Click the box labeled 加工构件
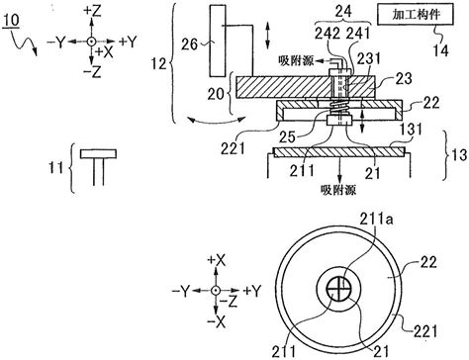[x=409, y=18]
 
